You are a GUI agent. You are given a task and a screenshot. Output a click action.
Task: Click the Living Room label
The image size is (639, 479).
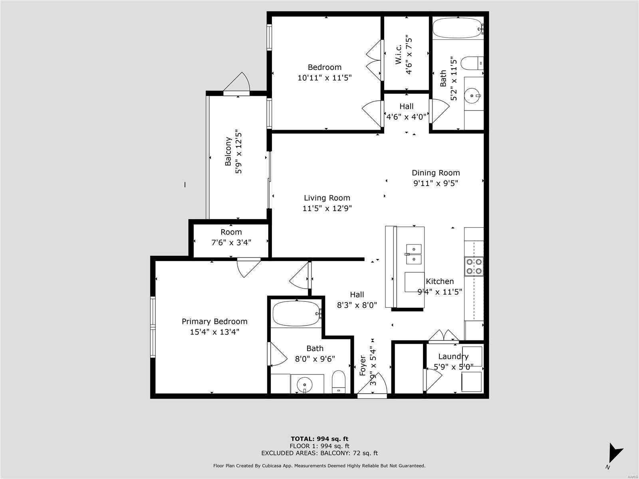[x=327, y=198]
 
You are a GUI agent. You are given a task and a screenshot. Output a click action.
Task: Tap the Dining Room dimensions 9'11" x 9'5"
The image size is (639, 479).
[x=436, y=183]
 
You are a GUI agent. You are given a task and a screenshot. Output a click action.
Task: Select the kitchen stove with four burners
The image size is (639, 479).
[x=474, y=266]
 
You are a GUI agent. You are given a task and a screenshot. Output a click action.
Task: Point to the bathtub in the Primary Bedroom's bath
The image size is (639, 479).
[x=297, y=314]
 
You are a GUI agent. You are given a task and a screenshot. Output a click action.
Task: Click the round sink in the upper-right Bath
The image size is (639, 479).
[x=472, y=95]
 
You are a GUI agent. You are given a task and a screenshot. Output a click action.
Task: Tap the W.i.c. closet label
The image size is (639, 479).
[x=399, y=54]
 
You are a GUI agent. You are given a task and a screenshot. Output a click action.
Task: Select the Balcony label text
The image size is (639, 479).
[x=228, y=151]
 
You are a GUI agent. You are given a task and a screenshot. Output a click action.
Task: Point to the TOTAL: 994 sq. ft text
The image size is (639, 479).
[x=319, y=439]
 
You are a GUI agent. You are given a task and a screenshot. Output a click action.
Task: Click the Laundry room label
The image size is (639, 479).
[x=453, y=356]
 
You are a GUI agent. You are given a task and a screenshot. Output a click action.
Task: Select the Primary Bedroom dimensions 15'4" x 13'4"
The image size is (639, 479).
[x=214, y=332]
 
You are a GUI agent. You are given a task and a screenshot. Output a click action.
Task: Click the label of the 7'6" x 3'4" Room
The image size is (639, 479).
[x=231, y=232]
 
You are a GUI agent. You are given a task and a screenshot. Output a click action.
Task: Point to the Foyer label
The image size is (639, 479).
[x=363, y=366]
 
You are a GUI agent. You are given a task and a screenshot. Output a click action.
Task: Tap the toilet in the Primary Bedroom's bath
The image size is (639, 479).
[x=339, y=382]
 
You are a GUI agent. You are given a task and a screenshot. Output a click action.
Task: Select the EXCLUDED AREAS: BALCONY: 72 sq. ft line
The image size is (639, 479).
[x=319, y=453]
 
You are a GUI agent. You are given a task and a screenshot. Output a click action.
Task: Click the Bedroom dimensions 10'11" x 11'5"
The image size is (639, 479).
[x=325, y=78]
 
